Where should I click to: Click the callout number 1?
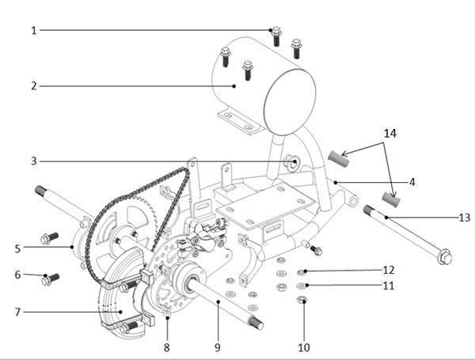(34, 30)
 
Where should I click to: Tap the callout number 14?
(389, 133)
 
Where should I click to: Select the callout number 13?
(465, 218)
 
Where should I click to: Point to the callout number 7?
(17, 312)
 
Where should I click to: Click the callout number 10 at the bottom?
(304, 347)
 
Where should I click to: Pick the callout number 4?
(412, 182)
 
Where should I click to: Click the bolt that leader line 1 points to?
(276, 36)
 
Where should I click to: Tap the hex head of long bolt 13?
(445, 257)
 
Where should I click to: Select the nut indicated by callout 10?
(302, 300)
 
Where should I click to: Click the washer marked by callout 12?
(302, 272)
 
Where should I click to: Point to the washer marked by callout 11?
(302, 285)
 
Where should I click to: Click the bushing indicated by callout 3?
(292, 162)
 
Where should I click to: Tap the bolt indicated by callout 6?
(50, 279)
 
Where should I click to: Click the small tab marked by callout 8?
(167, 313)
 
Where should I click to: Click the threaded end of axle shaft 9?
(256, 323)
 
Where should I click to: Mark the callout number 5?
(17, 248)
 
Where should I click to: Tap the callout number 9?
(218, 347)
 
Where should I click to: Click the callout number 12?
(389, 270)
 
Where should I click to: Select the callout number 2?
(34, 86)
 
